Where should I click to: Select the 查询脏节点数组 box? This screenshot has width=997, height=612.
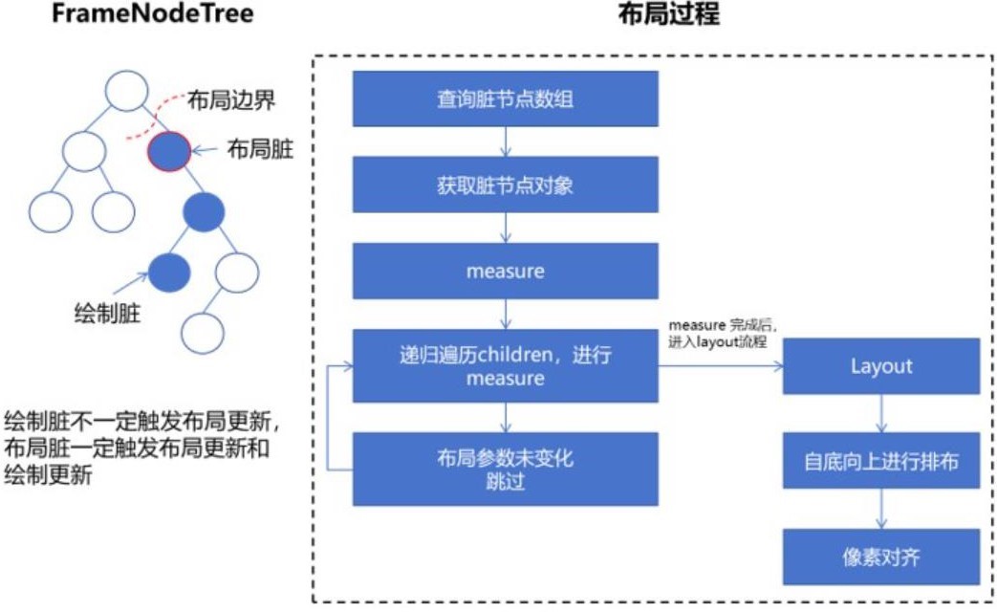[505, 98]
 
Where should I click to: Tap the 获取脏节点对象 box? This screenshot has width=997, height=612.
[505, 185]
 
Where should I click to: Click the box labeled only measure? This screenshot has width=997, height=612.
[505, 271]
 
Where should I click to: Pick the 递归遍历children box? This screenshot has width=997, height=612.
[505, 366]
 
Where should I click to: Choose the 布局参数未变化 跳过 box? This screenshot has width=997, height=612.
[505, 469]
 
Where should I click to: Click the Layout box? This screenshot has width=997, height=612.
[880, 366]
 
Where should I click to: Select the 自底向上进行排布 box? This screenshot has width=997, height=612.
[880, 462]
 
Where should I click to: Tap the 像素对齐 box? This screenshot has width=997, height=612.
[880, 556]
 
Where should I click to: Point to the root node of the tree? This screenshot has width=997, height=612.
[125, 90]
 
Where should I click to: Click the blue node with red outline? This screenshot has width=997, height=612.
[169, 151]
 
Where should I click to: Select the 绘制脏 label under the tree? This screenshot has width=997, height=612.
[106, 313]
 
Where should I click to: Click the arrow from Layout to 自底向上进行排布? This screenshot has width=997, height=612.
[880, 413]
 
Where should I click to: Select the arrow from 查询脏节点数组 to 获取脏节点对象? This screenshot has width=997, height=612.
[505, 142]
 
